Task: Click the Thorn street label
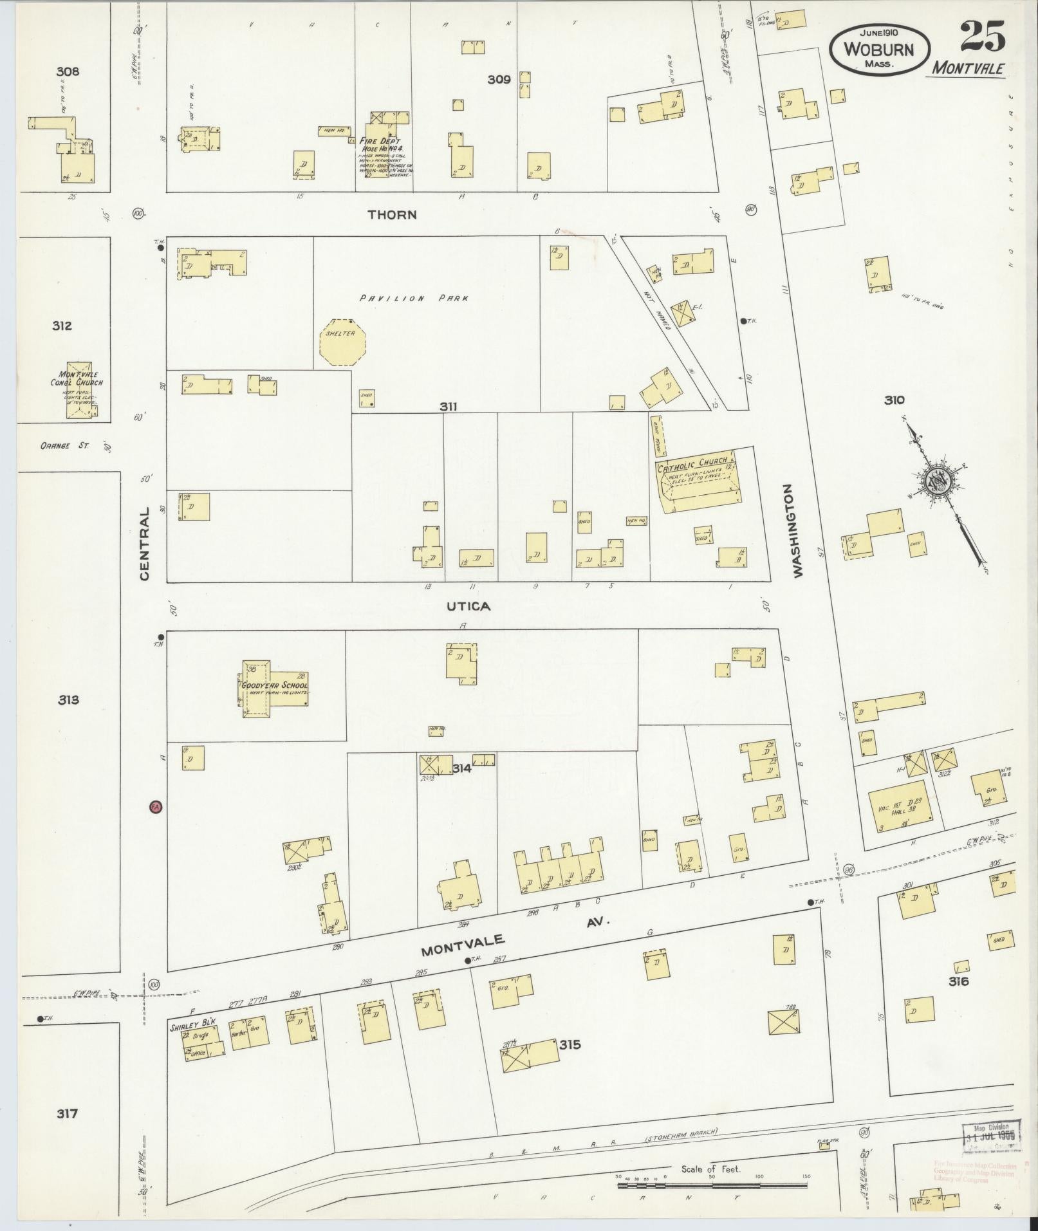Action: [393, 215]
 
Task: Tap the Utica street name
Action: [468, 606]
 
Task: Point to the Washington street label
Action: [799, 532]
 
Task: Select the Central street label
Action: [144, 543]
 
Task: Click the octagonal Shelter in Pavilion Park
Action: [342, 342]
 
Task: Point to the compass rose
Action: [934, 481]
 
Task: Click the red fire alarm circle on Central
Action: [154, 806]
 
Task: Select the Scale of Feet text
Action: [710, 1169]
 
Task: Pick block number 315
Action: [570, 1044]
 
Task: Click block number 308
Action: [67, 71]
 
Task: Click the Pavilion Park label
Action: [414, 298]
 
